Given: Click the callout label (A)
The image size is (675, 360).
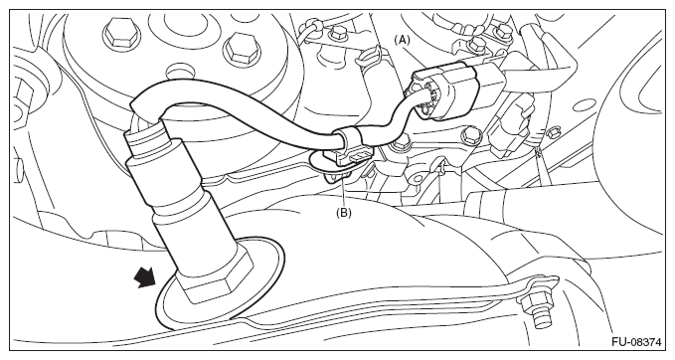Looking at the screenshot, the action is (401, 41).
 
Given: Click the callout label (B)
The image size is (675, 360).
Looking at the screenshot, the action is (344, 212).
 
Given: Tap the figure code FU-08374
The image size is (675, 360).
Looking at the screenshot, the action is (636, 342).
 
